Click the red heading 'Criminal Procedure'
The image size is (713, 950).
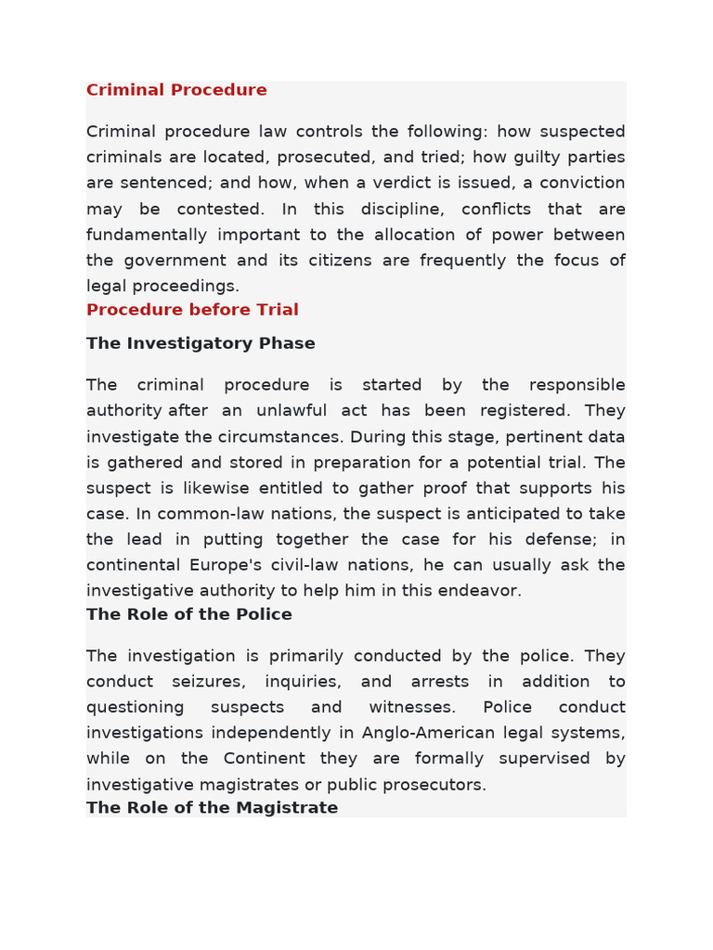coord(176,90)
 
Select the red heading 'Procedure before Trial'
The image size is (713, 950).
coord(192,310)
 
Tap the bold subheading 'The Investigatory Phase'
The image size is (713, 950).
coord(201,343)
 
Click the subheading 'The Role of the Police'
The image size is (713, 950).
coord(189,614)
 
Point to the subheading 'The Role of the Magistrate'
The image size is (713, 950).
coord(212,807)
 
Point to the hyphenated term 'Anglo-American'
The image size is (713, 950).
coord(428,733)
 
